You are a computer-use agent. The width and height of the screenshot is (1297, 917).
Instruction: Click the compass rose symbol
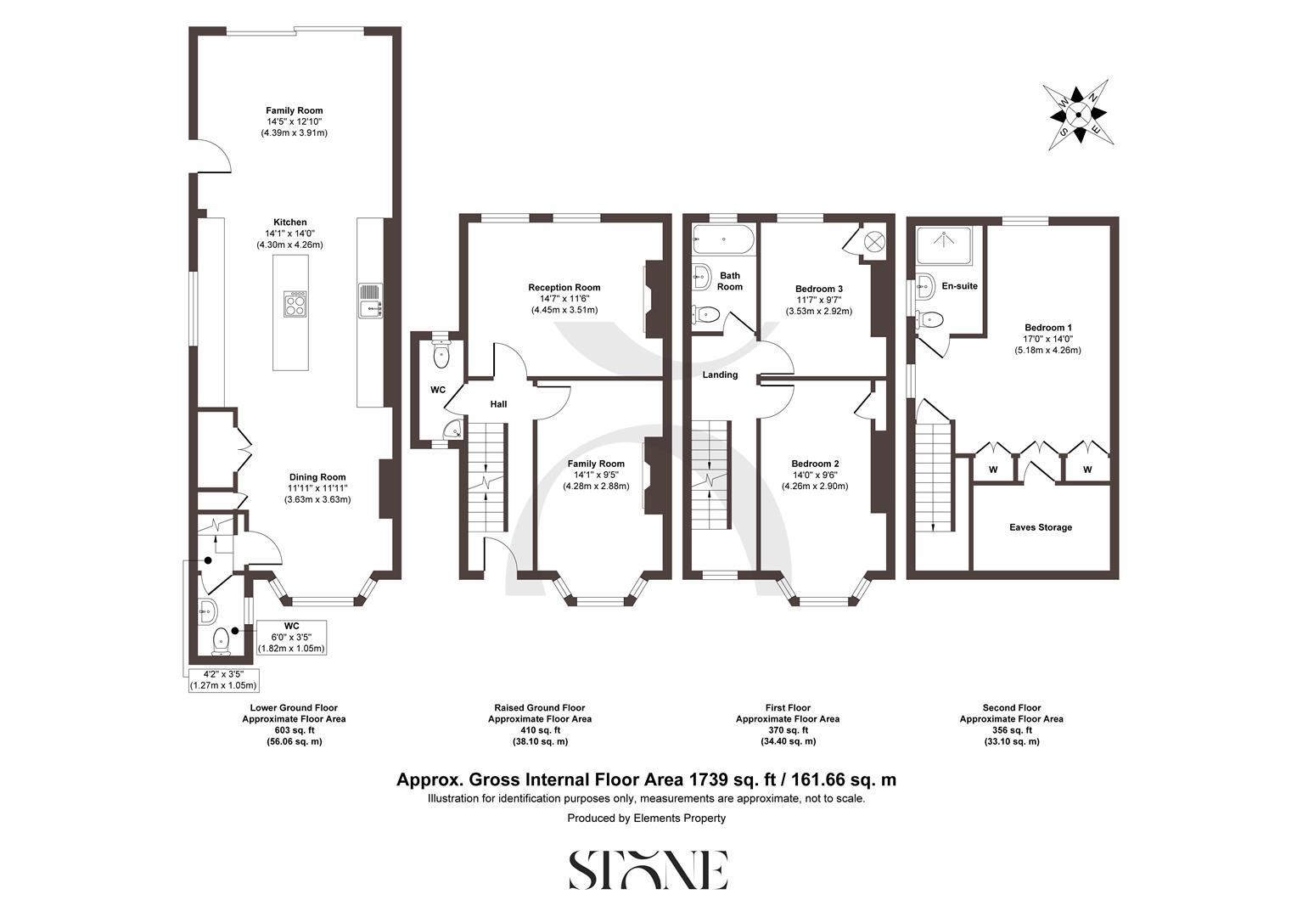[x=1078, y=115]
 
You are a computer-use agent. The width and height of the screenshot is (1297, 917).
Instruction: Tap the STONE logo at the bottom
[x=648, y=869]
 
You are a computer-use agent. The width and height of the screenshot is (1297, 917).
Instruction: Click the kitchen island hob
[x=295, y=304]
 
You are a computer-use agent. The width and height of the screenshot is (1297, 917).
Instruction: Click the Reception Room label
[x=564, y=288]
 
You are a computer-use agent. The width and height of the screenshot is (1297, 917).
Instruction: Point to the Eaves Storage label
[x=1040, y=527]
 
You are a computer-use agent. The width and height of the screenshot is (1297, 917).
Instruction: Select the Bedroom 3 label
[x=818, y=289]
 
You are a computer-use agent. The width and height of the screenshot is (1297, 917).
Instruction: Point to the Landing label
[x=720, y=374]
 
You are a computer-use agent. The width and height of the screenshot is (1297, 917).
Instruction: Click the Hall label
[x=498, y=404]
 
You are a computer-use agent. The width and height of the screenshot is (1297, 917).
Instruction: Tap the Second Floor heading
[x=1011, y=707]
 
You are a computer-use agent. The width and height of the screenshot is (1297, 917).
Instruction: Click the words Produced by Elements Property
[x=647, y=819]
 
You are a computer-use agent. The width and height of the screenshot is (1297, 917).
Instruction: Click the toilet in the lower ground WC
[x=221, y=640]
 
